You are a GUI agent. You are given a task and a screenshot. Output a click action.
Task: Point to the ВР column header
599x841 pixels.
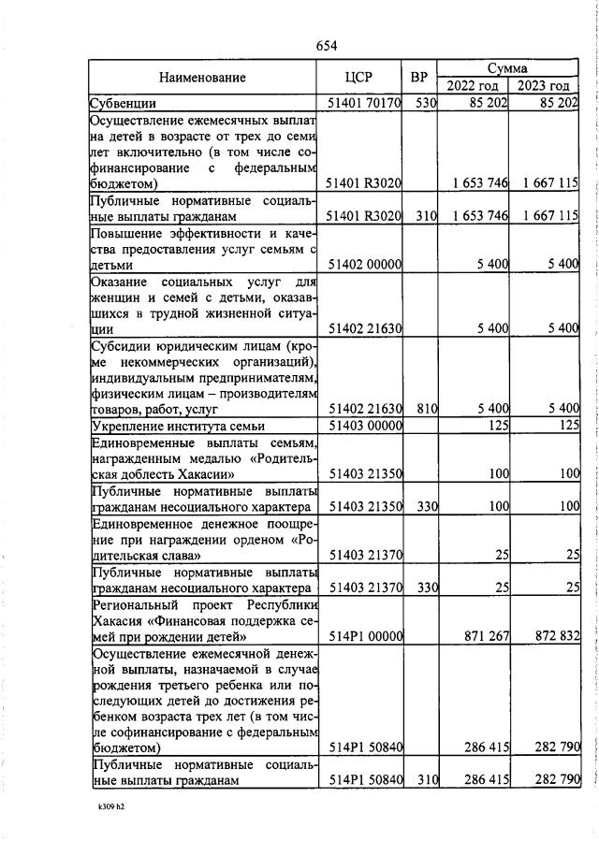(419, 78)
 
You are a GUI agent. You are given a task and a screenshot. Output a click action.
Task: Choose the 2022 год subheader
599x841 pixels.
(473, 86)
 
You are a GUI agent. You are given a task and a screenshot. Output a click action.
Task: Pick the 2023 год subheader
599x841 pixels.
(544, 86)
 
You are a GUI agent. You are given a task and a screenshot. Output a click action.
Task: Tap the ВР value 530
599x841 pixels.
(426, 103)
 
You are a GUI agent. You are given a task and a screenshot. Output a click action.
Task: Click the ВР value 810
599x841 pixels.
(426, 409)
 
